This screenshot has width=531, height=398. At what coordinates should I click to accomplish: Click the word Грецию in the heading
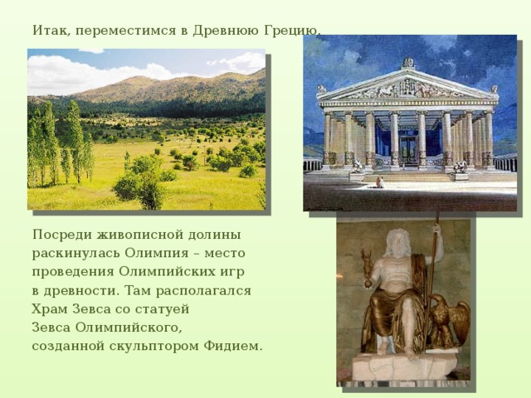[x=290, y=31]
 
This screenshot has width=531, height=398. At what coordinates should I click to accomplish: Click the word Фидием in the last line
[x=232, y=346]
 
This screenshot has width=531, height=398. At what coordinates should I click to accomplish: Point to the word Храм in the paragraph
[x=50, y=308]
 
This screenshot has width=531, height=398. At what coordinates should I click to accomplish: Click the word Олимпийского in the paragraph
[x=128, y=328]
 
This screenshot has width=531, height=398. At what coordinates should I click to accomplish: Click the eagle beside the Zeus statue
[x=450, y=321]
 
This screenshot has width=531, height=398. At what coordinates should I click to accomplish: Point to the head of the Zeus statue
[x=398, y=243]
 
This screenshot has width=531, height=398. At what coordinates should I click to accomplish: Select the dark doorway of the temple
[x=408, y=149]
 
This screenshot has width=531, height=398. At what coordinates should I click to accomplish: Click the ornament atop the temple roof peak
[x=408, y=63]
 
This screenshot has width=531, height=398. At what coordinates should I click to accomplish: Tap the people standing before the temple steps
[x=380, y=182]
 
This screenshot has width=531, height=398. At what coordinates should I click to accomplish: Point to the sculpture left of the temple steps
[x=357, y=167]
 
